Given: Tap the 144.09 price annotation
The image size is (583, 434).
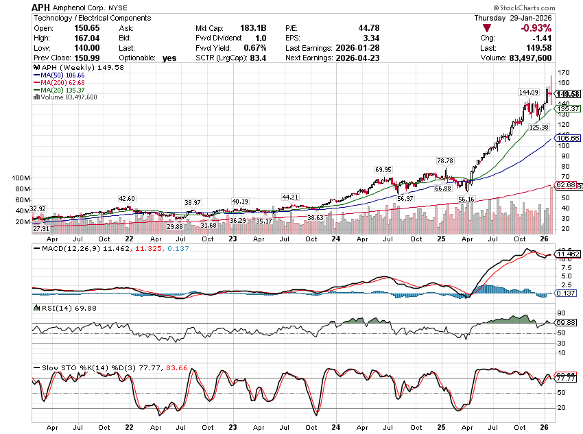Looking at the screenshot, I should (528, 92).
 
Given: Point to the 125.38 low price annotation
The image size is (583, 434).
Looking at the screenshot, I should (538, 128).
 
